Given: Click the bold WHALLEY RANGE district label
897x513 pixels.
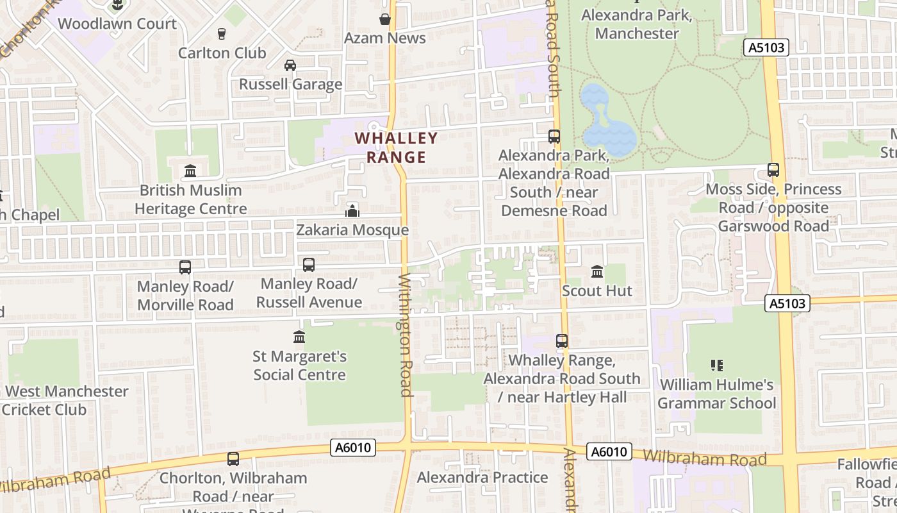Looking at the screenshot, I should click(x=396, y=147).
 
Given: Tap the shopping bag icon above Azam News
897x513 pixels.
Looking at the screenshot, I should click(x=385, y=19).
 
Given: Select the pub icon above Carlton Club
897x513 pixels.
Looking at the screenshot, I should click(x=222, y=33).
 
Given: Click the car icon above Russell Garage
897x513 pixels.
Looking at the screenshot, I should click(x=290, y=65).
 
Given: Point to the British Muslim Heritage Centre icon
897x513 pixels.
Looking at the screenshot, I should click(x=190, y=171).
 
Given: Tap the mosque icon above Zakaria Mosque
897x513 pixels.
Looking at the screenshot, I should click(x=352, y=210).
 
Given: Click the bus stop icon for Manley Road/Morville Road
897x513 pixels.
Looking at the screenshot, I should click(x=185, y=267).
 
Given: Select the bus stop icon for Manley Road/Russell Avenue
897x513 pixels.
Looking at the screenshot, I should click(x=309, y=264).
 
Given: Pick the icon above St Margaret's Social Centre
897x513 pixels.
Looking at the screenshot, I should click(x=299, y=337).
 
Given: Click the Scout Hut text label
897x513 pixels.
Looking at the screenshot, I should click(x=597, y=291).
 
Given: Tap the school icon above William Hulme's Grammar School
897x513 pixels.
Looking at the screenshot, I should click(x=717, y=366).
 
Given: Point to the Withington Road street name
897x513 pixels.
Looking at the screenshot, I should click(x=406, y=335).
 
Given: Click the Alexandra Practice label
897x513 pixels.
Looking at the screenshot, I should click(x=482, y=477).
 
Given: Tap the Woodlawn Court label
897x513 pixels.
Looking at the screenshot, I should click(x=117, y=24).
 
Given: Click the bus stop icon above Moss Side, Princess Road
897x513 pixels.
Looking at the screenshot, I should click(x=773, y=170).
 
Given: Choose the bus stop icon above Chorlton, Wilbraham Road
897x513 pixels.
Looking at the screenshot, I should click(x=233, y=459).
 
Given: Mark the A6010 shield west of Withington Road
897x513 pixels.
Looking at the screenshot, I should click(x=353, y=448).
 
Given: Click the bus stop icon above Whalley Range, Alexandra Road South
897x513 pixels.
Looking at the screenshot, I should click(x=562, y=341).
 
